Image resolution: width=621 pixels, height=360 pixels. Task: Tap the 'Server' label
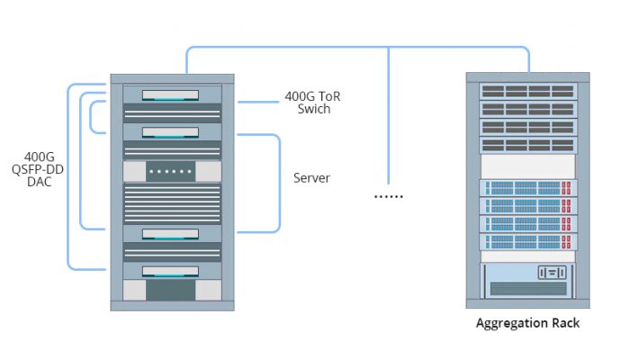[311, 178]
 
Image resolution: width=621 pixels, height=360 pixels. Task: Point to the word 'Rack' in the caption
[562, 324]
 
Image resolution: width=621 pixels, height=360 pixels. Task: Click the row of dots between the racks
[389, 196]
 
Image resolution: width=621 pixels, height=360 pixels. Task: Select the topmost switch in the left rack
[170, 94]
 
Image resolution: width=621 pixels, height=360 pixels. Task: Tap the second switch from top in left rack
[170, 131]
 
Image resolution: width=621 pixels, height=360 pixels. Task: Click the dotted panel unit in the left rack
[170, 171]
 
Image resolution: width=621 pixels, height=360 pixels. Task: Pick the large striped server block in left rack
[170, 204]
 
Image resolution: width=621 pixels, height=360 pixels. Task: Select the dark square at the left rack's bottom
[170, 290]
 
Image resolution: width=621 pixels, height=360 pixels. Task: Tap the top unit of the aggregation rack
[528, 91]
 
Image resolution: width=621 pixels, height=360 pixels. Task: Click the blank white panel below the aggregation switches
[528, 166]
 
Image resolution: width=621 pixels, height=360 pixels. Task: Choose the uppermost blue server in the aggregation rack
[528, 188]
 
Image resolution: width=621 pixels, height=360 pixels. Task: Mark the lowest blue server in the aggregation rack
[528, 242]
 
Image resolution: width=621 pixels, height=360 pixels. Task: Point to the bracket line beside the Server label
[280, 180]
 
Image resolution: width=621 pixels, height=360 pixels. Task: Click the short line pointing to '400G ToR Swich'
[256, 103]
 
